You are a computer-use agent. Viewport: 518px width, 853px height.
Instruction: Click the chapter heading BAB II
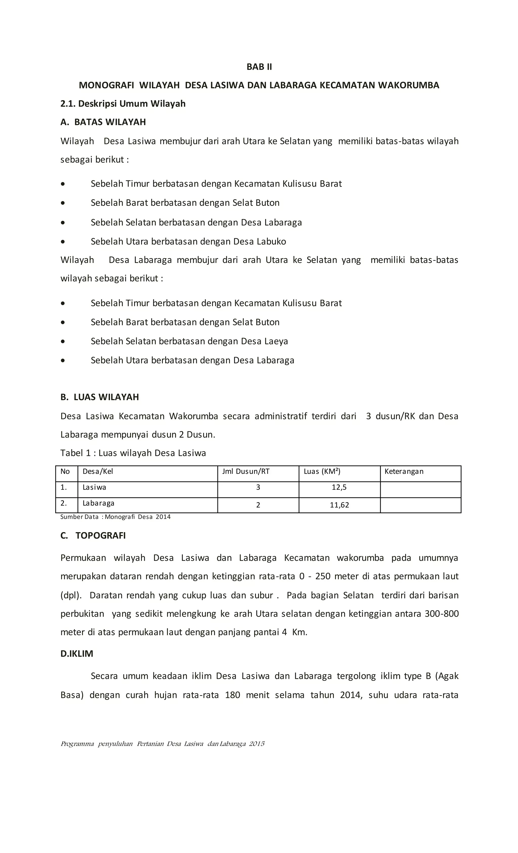[x=259, y=67]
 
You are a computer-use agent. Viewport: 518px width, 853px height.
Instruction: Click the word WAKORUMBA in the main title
[x=408, y=85]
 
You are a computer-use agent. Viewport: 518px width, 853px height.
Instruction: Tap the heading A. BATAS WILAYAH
[x=103, y=122]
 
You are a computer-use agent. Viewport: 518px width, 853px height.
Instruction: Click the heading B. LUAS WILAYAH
[x=99, y=397]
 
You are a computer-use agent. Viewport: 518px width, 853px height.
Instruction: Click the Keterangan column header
[x=404, y=471]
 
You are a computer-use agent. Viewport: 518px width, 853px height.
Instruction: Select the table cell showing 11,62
[x=339, y=505]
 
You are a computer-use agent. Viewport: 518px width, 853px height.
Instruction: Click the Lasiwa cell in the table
[x=94, y=487]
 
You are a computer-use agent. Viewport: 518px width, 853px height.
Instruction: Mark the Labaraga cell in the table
[x=98, y=503]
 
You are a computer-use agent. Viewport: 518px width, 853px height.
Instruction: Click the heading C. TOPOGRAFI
[x=93, y=536]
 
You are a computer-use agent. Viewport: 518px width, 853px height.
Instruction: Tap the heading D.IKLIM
[x=77, y=654]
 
